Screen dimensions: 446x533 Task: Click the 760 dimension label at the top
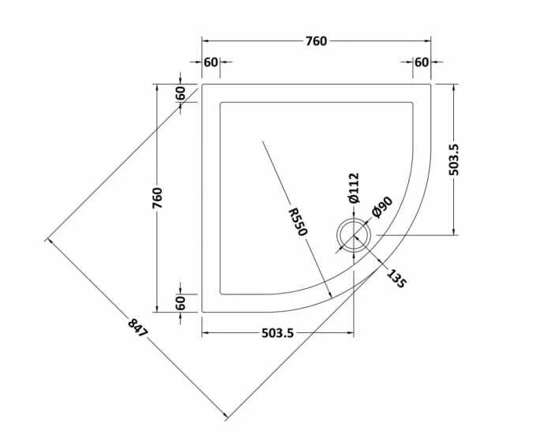click(317, 41)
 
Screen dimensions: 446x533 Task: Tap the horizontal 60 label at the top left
click(211, 62)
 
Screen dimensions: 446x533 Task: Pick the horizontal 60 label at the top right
click(422, 62)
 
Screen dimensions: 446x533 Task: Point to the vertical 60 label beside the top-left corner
click(181, 92)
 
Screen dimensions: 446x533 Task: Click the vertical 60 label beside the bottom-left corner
click(181, 302)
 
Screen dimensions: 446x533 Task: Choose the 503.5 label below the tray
click(277, 333)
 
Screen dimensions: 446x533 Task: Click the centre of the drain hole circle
click(352, 234)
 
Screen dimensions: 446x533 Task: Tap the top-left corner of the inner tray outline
click(220, 102)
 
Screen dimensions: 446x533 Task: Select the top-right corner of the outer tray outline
click(431, 83)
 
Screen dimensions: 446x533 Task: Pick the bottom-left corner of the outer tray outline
click(202, 312)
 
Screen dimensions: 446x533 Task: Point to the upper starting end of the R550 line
click(261, 141)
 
